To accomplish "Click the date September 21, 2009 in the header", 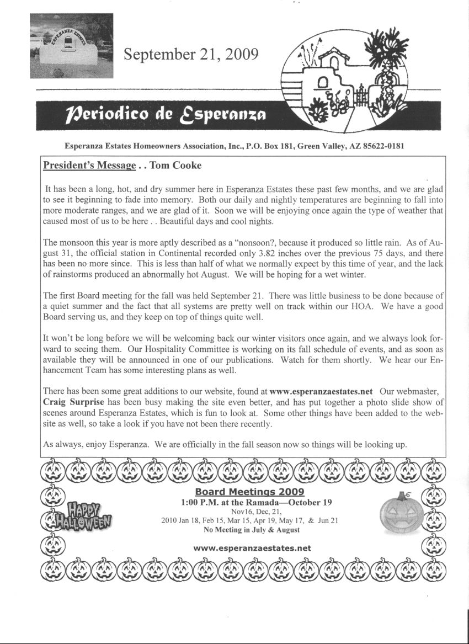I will click(191, 54).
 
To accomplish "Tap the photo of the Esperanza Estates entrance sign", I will click(71, 46).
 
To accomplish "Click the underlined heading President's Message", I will click(89, 165).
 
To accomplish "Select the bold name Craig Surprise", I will click(73, 402).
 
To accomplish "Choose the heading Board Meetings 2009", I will click(249, 492).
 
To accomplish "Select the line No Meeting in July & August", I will click(252, 530).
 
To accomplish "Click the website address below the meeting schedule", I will click(253, 548).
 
